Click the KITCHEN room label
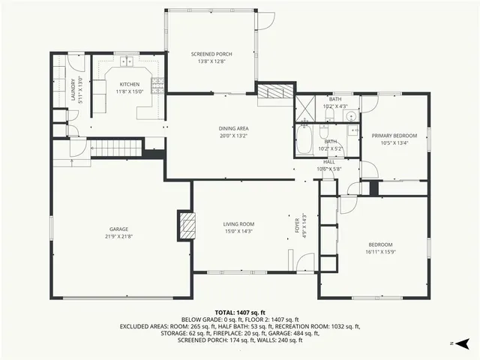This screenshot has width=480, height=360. point(129,85)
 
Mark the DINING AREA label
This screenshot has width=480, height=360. point(233,128)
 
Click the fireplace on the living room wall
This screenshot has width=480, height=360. point(186,224)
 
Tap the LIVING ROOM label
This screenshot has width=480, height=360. point(239,223)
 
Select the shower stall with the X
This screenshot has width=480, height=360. point(305,108)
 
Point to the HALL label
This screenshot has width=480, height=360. point(329,161)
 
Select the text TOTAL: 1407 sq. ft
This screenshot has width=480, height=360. point(239,312)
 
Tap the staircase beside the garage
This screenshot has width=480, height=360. point(116,148)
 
